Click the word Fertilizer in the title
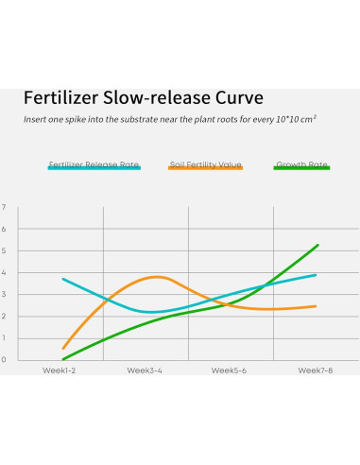coord(64,98)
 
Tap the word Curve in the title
coord(236,98)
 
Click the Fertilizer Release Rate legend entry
coord(94,164)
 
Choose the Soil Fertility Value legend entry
coord(205,164)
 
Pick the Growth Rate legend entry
coord(301,164)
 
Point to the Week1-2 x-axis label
coord(60,370)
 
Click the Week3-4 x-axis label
coord(146,370)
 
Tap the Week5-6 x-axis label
coord(231,370)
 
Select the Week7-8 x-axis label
coord(316,370)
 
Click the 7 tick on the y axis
coord(4,207)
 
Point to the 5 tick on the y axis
coord(4,250)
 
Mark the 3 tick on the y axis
coord(4,294)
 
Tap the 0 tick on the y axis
coord(4,359)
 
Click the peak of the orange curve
coord(155,277)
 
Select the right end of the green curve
coord(317,245)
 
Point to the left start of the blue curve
coord(63,279)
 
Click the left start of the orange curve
coord(63,348)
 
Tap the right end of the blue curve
coord(315,275)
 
